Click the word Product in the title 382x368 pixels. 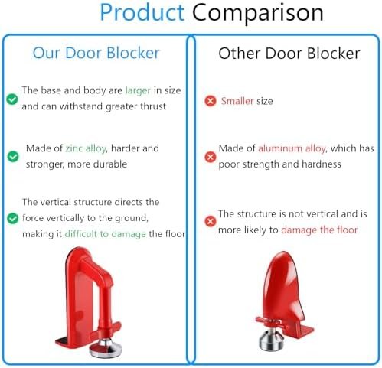pos(142,13)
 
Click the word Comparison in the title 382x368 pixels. pos(257,13)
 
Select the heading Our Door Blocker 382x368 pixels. pos(96,53)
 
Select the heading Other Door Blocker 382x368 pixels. pos(289,53)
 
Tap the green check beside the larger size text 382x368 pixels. pos(12,99)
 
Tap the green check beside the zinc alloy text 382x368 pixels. pos(12,156)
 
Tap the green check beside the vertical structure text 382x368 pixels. pos(12,218)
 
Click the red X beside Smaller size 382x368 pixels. pos(210,101)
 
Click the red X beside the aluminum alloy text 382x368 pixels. pos(210,157)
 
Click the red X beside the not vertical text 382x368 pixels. pos(210,222)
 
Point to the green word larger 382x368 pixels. pos(138,90)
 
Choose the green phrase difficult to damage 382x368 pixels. pos(105,233)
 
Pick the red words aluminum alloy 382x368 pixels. pos(292,148)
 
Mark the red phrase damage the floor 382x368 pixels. pos(319,230)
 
